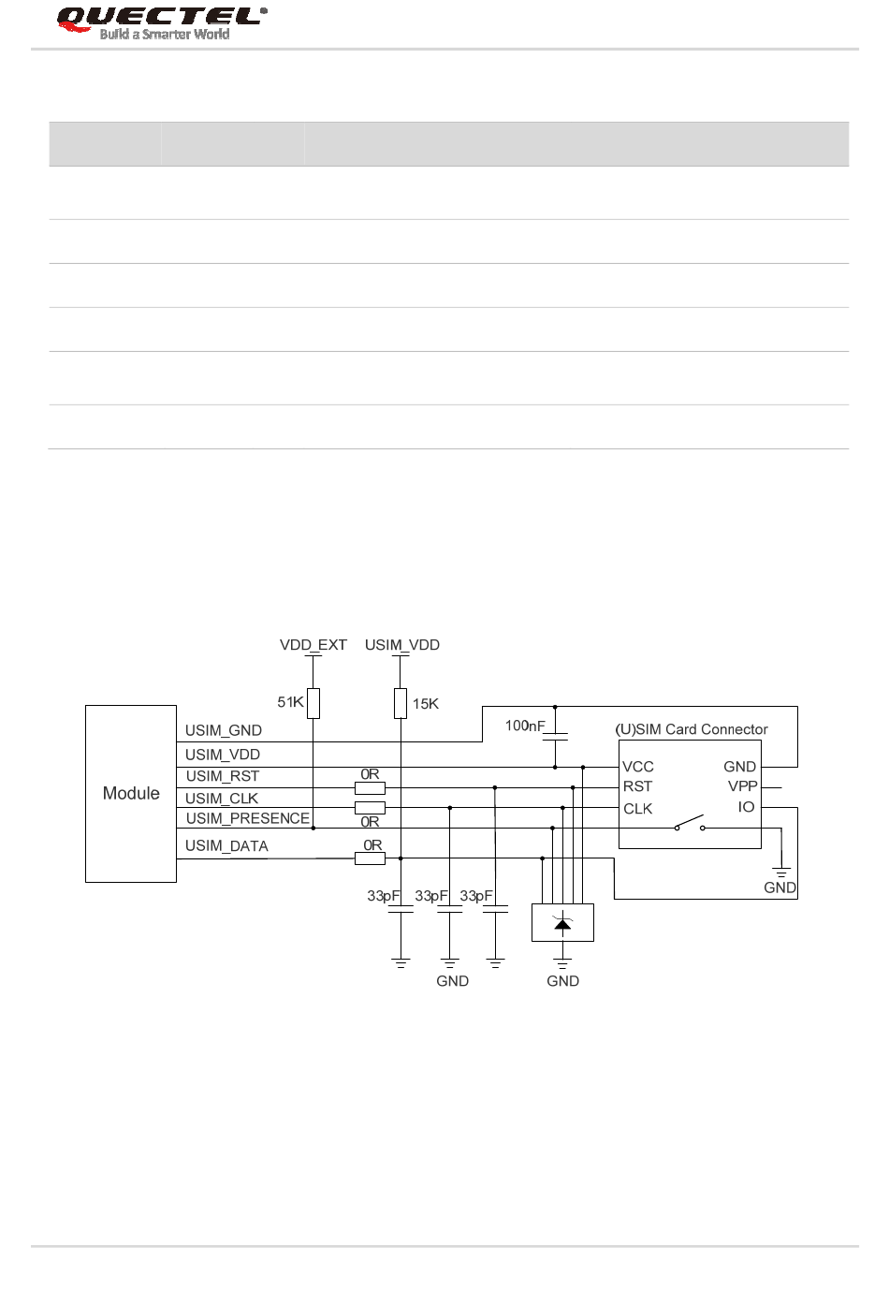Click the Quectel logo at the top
coord(161,22)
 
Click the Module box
coord(131,793)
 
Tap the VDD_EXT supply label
coord(313,645)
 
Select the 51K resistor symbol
coord(313,703)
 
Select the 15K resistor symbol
coord(401,703)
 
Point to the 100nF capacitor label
coord(524,726)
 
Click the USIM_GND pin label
coord(223,730)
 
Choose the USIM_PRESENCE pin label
coord(247,818)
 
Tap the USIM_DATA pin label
coord(226,846)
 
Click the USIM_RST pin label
coord(222,776)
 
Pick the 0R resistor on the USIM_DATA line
coord(370,858)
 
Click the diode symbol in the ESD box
coord(562,924)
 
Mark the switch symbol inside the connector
coord(690,824)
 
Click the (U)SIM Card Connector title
coord(691,729)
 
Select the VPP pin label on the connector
coord(742,786)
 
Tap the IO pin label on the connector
coord(746,807)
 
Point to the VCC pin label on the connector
coord(638,767)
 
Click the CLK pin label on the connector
coord(638,809)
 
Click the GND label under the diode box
coord(562,981)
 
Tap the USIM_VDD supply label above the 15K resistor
coord(401,645)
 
